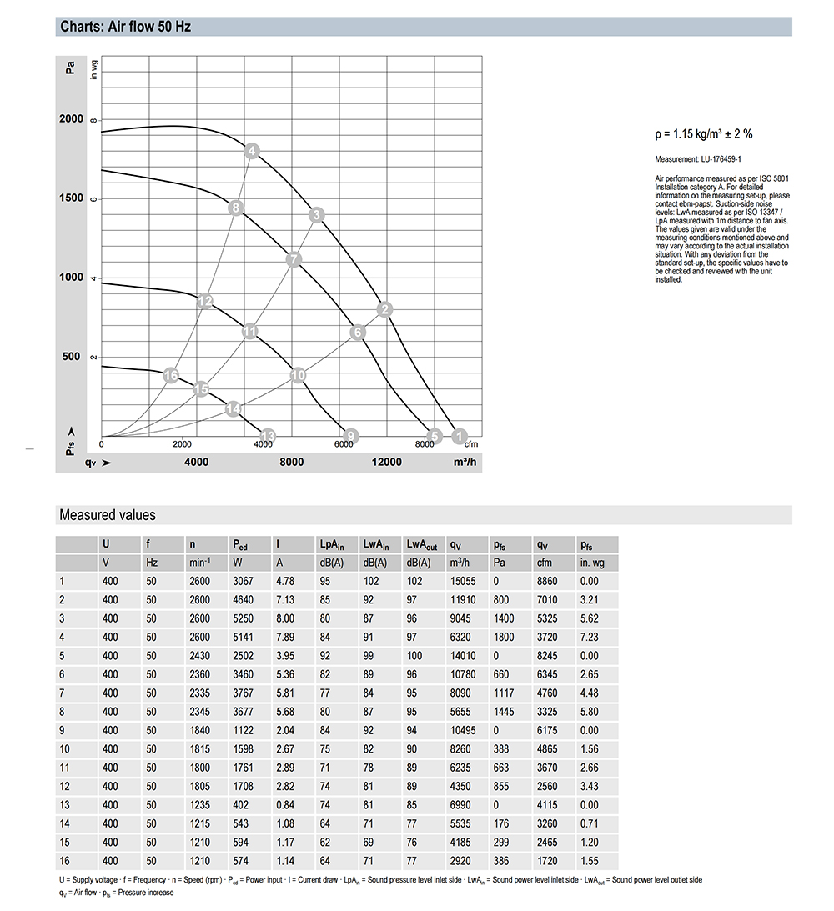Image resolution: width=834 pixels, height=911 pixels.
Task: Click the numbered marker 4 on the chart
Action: (252, 151)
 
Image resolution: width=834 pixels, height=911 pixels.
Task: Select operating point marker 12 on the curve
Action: (205, 301)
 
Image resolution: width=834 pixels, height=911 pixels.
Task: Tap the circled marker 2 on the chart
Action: (384, 310)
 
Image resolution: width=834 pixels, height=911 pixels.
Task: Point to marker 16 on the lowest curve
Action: (171, 376)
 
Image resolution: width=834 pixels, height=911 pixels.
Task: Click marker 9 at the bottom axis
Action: (351, 436)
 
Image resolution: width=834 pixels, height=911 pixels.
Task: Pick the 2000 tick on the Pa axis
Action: (71, 119)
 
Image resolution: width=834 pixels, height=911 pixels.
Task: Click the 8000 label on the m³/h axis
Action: (291, 463)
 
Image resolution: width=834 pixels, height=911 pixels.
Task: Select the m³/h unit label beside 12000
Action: (465, 463)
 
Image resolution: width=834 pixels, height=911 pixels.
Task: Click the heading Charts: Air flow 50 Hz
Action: (125, 27)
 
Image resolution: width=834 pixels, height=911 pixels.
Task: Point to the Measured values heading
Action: (107, 515)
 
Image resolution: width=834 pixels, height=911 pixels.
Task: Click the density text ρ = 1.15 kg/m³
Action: (704, 134)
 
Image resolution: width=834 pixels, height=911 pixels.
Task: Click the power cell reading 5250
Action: (244, 618)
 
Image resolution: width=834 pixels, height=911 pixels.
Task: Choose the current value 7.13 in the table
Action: (285, 600)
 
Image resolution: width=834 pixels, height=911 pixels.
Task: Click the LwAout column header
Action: (422, 544)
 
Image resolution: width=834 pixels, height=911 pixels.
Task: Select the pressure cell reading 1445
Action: (503, 712)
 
